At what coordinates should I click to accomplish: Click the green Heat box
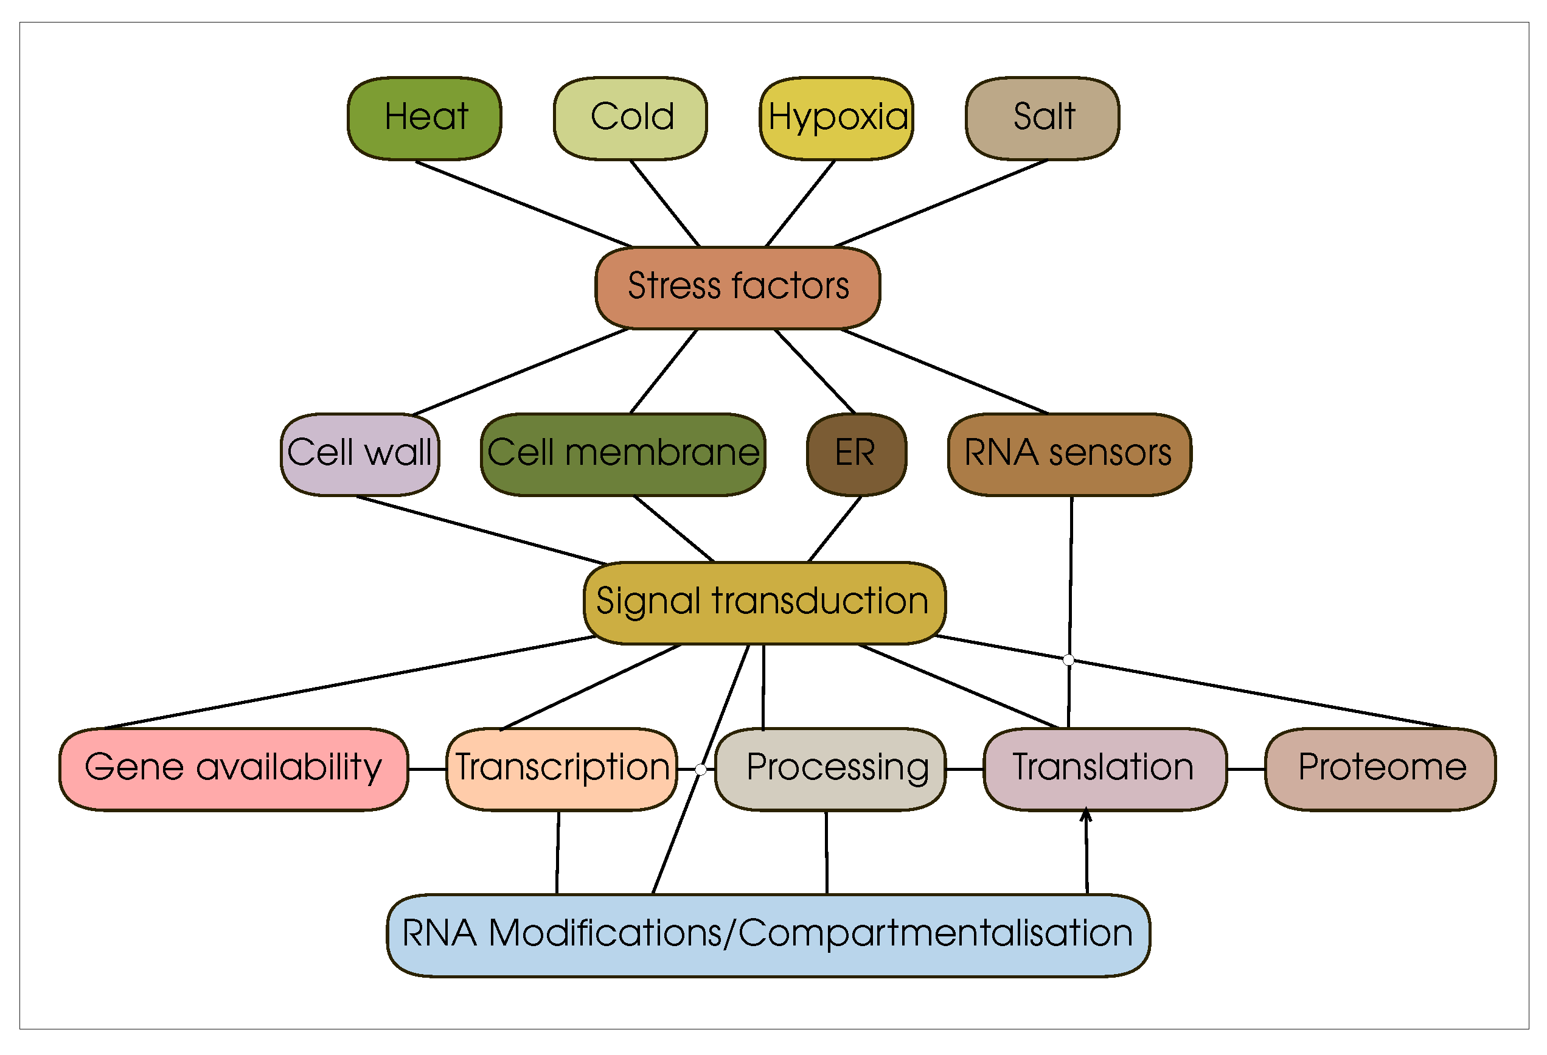pos(424,119)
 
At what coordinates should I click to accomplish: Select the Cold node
pos(630,119)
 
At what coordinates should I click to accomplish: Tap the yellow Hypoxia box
pos(836,119)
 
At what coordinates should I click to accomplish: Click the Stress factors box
pos(737,288)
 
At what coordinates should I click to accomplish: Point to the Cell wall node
pos(360,454)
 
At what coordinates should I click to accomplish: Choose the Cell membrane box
pos(622,454)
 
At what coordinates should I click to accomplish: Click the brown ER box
pos(856,454)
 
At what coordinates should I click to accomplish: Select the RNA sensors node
pos(1069,454)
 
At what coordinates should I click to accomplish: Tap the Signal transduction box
pos(764,603)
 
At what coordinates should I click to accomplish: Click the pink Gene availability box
pos(234,769)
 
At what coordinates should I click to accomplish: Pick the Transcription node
pos(561,769)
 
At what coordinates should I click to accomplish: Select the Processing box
pos(830,769)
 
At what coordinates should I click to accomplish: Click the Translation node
pos(1104,769)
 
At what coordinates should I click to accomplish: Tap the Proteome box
pos(1380,769)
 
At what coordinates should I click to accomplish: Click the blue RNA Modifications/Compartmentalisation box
pos(768,935)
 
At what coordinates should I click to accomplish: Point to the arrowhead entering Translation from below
pos(1086,815)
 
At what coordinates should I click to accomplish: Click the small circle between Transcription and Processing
pos(700,770)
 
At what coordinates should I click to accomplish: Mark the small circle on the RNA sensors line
pos(1068,660)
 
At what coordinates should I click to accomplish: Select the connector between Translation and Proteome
pos(1245,769)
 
